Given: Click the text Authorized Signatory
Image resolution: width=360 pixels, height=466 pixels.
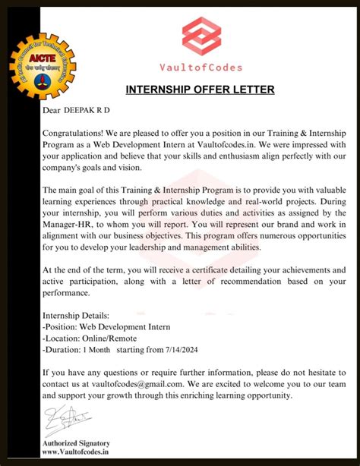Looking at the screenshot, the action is [x=76, y=443].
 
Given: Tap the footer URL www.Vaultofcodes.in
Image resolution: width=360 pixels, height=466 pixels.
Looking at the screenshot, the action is [x=76, y=452].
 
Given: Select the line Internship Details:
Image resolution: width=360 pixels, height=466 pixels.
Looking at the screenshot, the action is [x=76, y=314].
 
